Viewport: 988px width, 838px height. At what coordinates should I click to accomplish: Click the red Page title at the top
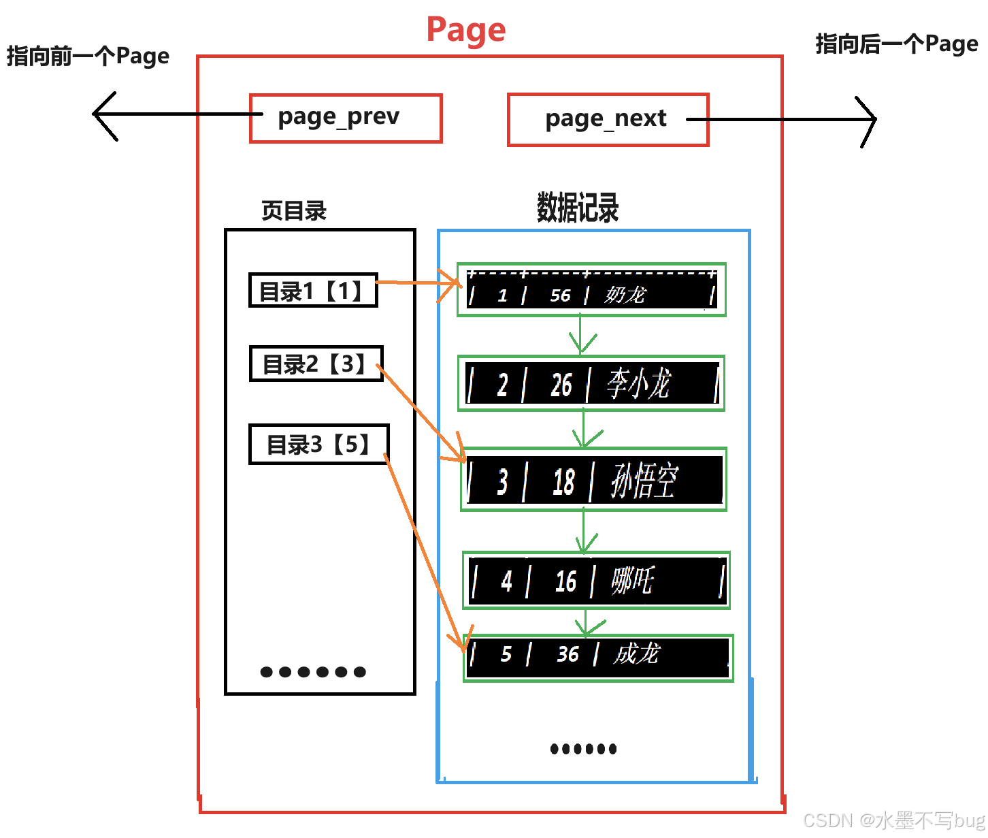coord(466,30)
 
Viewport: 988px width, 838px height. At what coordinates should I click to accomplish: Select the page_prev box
coord(346,118)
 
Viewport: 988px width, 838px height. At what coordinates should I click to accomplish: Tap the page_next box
coord(608,120)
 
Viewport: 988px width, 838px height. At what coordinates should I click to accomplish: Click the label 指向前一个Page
coord(88,56)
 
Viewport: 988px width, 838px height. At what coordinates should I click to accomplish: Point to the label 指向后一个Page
coord(897,44)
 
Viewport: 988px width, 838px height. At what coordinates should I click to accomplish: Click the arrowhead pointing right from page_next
coord(871,119)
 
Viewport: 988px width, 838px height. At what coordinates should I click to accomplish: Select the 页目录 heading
coord(294,210)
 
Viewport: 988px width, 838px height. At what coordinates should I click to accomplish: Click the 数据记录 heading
coord(578,208)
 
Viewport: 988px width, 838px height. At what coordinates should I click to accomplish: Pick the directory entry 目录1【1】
coord(313,291)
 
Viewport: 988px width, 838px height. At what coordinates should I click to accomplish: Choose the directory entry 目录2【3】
coord(316,364)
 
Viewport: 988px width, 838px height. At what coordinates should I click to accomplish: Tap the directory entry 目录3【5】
coord(318,445)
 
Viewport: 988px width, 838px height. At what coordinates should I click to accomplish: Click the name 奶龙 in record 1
coord(625,295)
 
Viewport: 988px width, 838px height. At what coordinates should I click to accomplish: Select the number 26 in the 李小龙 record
coord(561,385)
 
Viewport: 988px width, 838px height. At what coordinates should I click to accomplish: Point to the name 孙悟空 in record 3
coord(644,481)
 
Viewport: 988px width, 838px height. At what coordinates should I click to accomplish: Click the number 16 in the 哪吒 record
coord(565,581)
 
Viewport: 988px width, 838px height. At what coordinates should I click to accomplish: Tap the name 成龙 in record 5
coord(636,654)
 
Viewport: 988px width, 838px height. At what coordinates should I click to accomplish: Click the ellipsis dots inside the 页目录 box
coord(313,672)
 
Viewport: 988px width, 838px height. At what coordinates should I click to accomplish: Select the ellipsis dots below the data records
coord(583,749)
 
